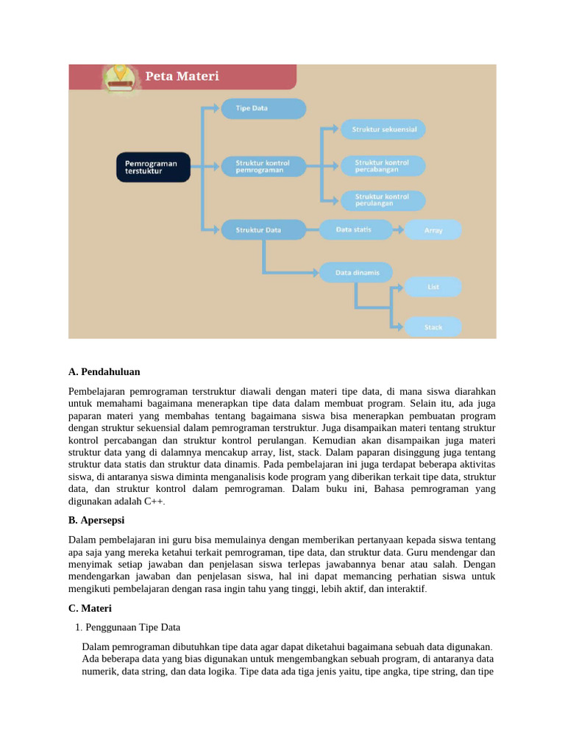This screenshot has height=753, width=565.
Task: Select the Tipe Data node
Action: pos(263,108)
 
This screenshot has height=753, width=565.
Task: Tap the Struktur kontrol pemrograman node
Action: pos(263,166)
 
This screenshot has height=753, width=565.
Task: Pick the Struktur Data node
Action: pos(263,230)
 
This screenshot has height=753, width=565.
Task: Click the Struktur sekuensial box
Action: pos(383,129)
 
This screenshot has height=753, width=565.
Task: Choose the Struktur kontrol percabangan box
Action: pos(383,166)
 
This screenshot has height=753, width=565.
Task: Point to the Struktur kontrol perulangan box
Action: pos(383,200)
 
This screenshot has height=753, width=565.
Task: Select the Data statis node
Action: pos(356,229)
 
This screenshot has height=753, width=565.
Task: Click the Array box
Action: pos(434,230)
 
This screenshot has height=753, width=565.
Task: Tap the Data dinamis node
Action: pos(356,273)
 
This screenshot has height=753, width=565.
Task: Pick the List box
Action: pos(434,287)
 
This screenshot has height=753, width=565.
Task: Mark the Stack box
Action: pos(434,327)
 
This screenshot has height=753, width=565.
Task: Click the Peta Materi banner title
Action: pos(182,76)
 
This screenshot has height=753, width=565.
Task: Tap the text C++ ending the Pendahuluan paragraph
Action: pos(153,501)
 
